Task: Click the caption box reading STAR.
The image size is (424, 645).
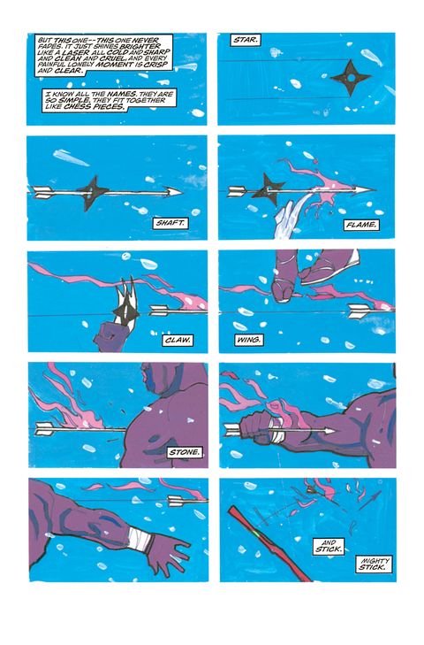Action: (x=246, y=40)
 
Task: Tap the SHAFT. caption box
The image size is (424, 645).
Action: (x=170, y=223)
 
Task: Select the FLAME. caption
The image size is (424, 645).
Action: (x=360, y=225)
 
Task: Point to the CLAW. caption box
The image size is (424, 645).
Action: (x=178, y=340)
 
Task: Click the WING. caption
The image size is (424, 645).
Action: (x=248, y=340)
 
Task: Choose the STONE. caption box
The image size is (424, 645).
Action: (x=185, y=452)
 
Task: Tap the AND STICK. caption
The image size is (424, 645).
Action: (x=329, y=546)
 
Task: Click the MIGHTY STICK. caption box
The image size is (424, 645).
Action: (x=373, y=564)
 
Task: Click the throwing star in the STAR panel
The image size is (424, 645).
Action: (x=351, y=77)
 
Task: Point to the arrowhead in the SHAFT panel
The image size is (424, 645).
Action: (x=172, y=192)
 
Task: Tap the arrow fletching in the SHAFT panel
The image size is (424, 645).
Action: (x=42, y=192)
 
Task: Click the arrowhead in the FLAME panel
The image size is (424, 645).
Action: (x=365, y=190)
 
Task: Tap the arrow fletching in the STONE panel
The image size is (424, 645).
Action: (x=46, y=428)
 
